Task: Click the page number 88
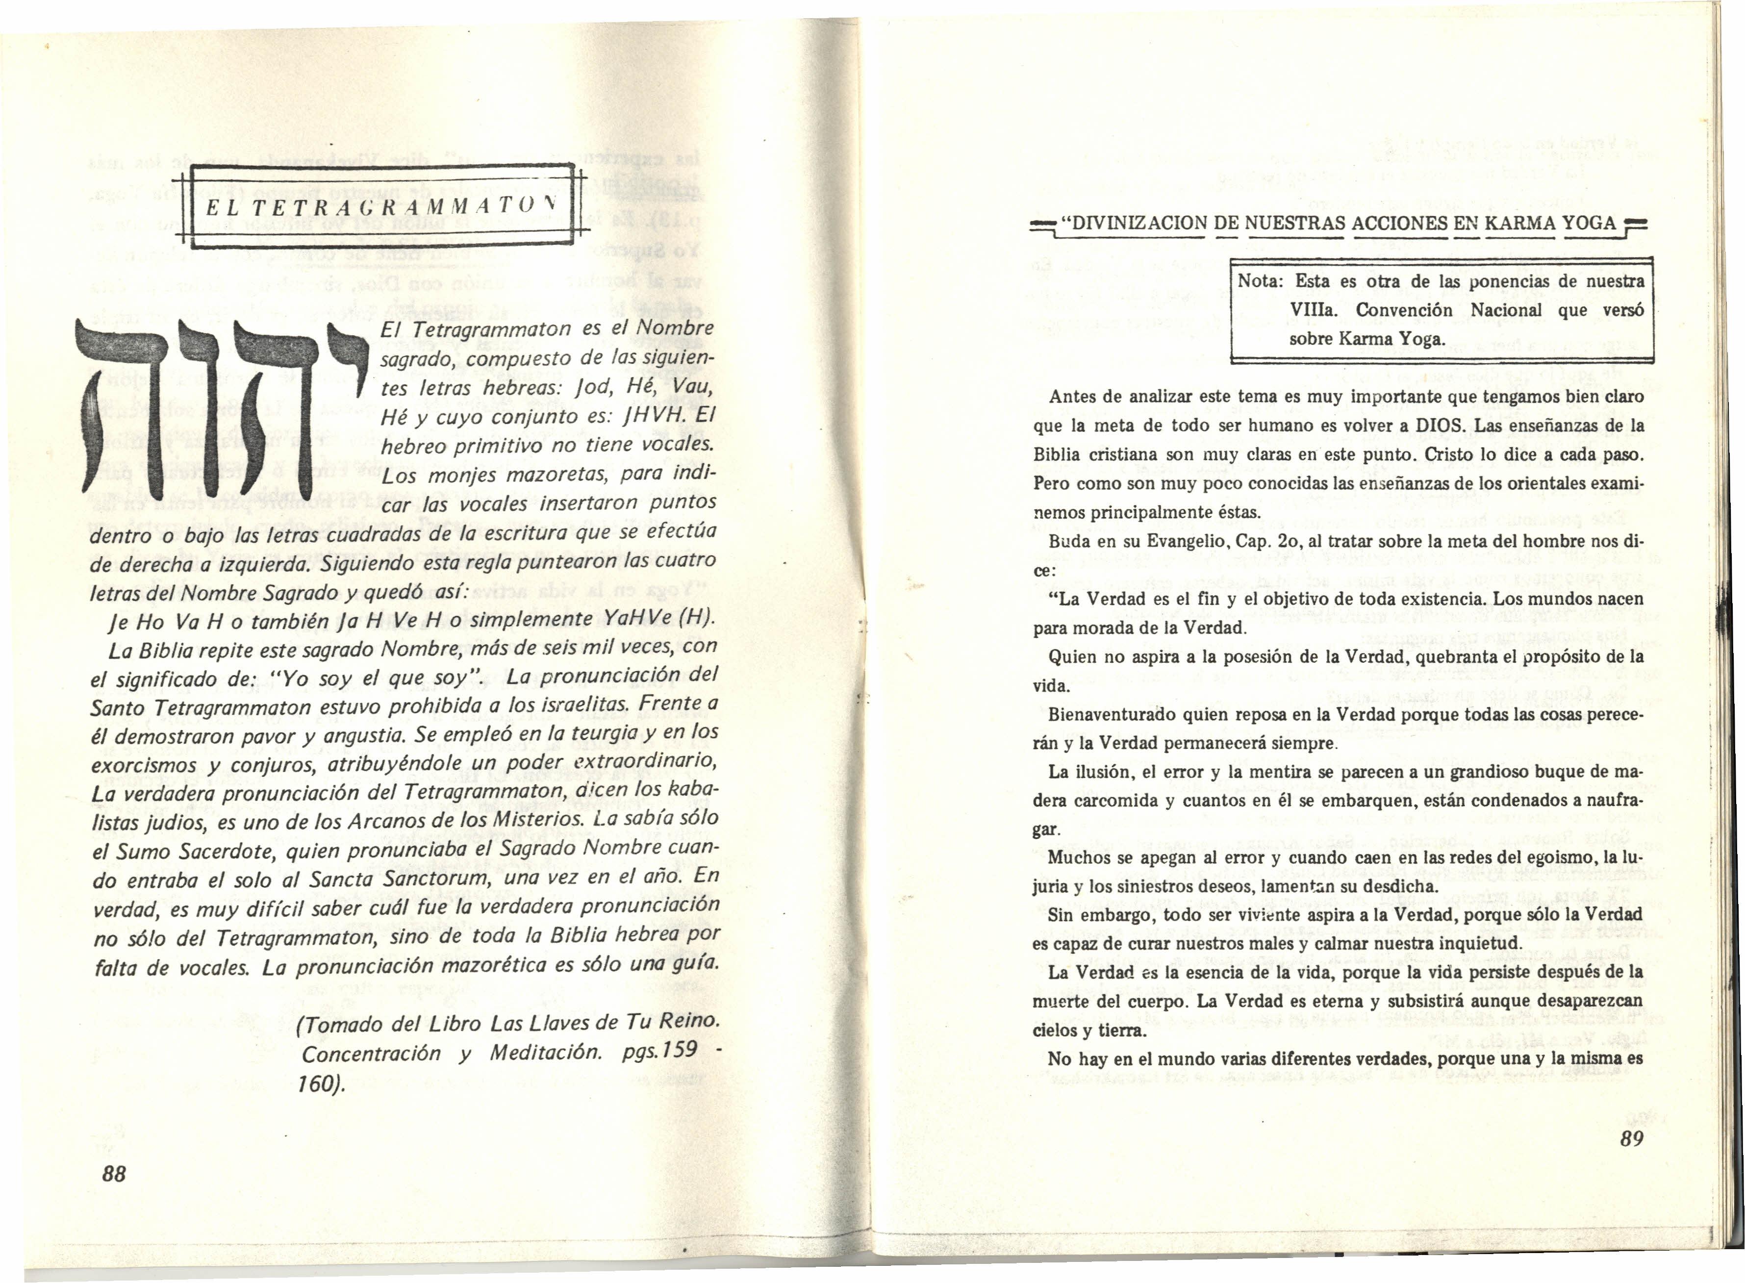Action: pos(114,1174)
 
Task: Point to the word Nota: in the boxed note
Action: pos(1259,281)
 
